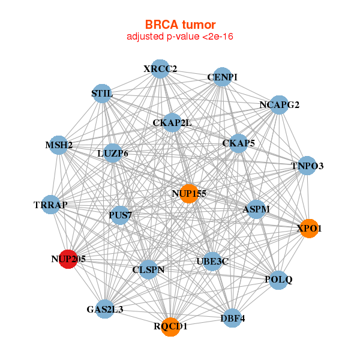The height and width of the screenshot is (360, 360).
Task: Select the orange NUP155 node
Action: coord(188,193)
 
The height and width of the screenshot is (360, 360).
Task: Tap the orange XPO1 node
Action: coord(309,229)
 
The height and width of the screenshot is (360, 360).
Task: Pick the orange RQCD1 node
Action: coord(171,326)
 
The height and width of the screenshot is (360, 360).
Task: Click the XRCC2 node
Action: coord(160,69)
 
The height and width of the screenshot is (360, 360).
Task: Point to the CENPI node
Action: coord(222,77)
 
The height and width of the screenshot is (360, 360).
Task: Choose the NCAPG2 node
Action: coord(279,105)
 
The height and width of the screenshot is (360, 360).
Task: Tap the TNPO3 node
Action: coord(307,165)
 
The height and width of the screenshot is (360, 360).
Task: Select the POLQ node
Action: coord(278,280)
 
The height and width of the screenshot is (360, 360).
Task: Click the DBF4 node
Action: coord(233,319)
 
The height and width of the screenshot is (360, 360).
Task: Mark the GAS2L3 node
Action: coord(105,310)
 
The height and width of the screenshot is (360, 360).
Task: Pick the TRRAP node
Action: coord(51,205)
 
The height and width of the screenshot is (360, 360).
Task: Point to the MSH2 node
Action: coord(59,145)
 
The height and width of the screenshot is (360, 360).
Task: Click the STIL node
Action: coord(102,94)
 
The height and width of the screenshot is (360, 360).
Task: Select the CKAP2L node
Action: coord(172,123)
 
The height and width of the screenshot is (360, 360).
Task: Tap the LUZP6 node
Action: coord(113,154)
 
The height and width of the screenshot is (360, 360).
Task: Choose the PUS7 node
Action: coord(120,215)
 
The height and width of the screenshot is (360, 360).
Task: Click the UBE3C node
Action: coord(212,261)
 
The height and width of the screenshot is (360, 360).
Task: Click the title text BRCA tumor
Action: coord(180,25)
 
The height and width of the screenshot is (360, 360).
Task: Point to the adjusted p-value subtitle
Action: coord(180,37)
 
